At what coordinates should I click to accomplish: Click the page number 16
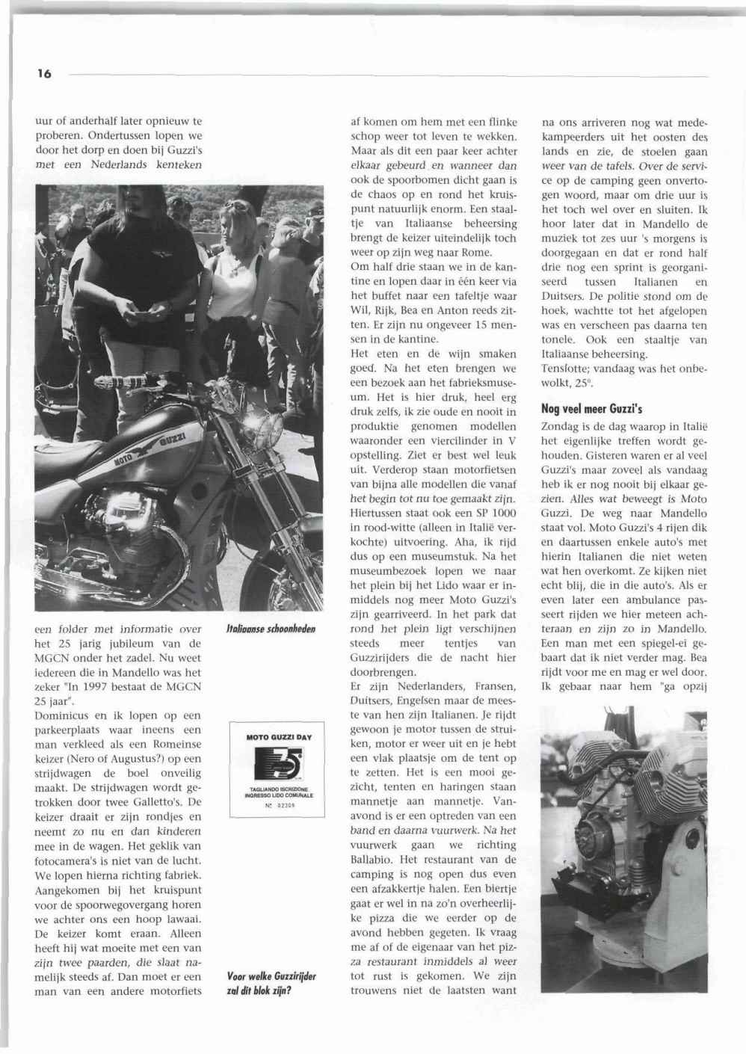point(44,74)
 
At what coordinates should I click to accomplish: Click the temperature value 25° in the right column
point(579,383)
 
